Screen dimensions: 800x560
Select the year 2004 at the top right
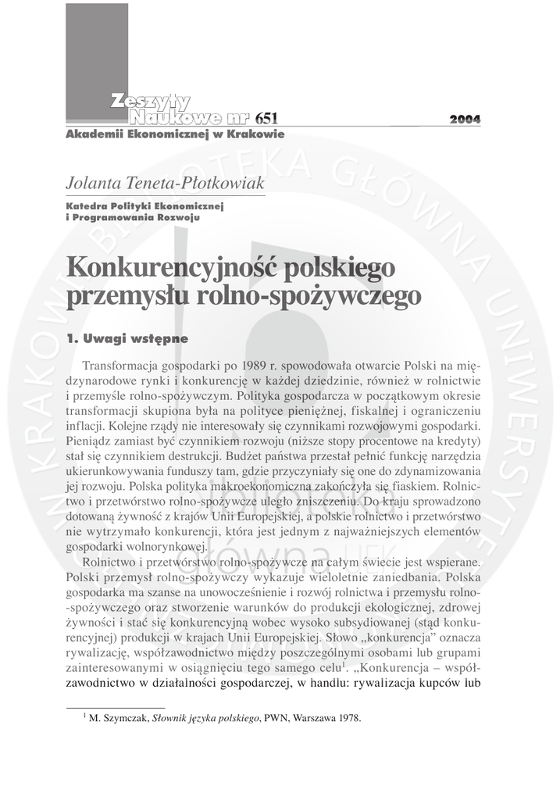point(465,120)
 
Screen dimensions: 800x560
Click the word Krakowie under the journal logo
point(255,134)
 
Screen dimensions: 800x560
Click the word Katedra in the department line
point(87,205)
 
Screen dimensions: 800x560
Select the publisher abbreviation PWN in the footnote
point(277,719)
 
